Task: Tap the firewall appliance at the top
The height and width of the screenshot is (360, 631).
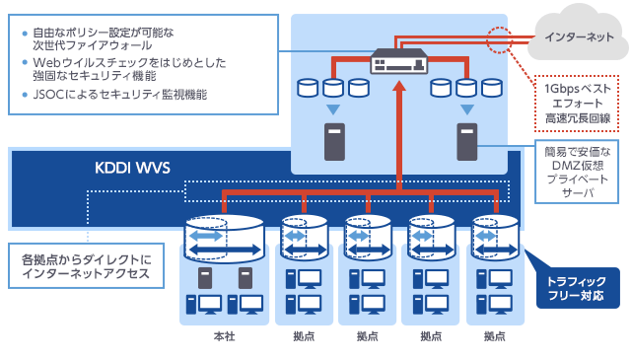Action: (398, 60)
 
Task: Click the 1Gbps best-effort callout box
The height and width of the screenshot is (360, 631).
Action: (576, 103)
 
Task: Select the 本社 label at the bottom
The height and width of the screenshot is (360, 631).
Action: (224, 336)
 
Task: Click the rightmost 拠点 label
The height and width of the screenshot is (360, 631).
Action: (495, 336)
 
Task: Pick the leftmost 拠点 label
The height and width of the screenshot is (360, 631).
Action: (304, 336)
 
